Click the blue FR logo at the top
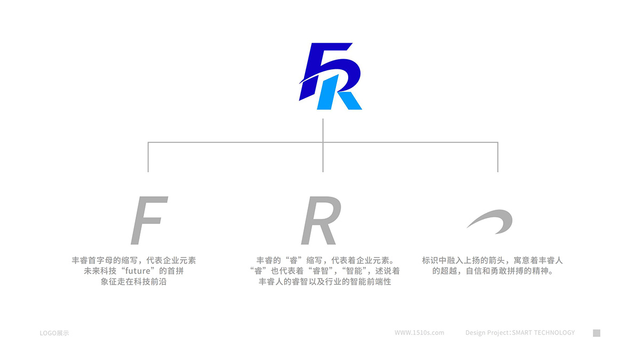point(330,76)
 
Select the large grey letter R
point(321,220)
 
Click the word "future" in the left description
point(138,271)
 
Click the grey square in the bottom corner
point(596,333)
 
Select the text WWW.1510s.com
point(419,333)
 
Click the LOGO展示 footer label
point(54,333)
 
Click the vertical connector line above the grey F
point(148,157)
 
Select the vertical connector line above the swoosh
point(498,157)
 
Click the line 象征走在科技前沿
point(133,282)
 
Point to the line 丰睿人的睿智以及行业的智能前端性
point(325,282)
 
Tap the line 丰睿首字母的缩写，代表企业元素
point(134,260)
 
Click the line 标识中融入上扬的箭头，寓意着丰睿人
point(492,260)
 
